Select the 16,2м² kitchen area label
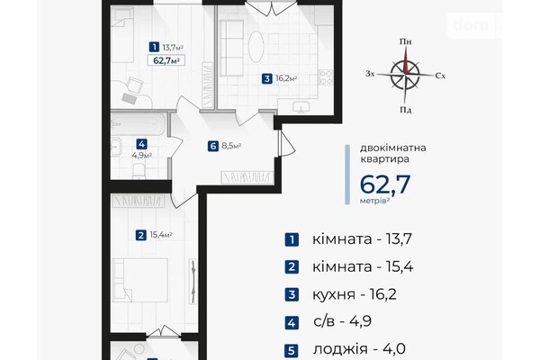287,78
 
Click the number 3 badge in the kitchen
267,78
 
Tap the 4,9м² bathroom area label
141,154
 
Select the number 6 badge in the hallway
211,146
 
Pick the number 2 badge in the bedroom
141,236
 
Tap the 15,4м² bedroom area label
161,236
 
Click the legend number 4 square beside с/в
291,323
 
